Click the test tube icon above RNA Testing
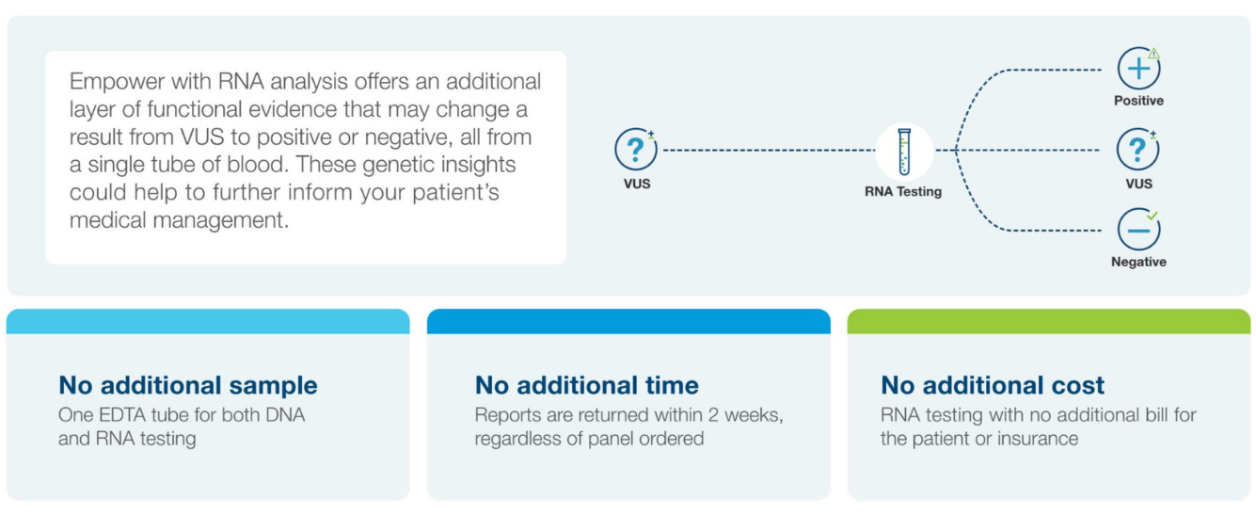tap(904, 152)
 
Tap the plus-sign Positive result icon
tap(1138, 69)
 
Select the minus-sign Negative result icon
tap(1138, 230)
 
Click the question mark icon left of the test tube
tap(636, 149)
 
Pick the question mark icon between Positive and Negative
tap(1137, 149)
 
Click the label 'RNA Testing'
tap(903, 191)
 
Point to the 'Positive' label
tap(1138, 101)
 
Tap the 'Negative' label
tap(1138, 262)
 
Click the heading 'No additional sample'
tap(188, 385)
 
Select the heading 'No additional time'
tap(586, 385)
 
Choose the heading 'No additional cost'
tap(993, 385)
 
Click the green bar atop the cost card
tap(1048, 321)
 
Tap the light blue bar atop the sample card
tap(208, 321)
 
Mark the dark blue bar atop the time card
tap(628, 321)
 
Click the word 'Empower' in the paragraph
tap(118, 83)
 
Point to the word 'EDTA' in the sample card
tap(124, 415)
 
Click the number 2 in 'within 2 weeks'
tap(713, 415)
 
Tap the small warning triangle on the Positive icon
tap(1153, 54)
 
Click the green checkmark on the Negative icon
tap(1153, 216)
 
